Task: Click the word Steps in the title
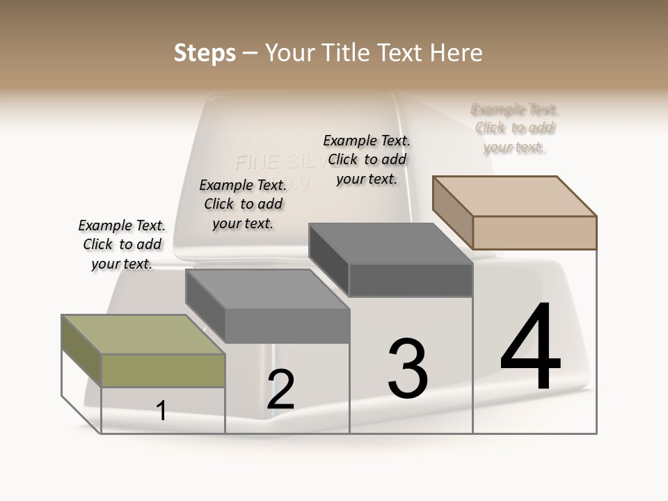pyautogui.click(x=205, y=53)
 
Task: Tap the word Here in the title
pyautogui.click(x=457, y=53)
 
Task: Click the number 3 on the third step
pyautogui.click(x=408, y=369)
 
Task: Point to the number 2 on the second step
pyautogui.click(x=280, y=390)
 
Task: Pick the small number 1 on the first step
pyautogui.click(x=161, y=411)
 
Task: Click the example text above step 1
pyautogui.click(x=122, y=244)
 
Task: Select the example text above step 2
pyautogui.click(x=243, y=204)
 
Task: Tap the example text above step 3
pyautogui.click(x=367, y=159)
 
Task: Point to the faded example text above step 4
pyautogui.click(x=515, y=128)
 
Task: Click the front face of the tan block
pyautogui.click(x=534, y=232)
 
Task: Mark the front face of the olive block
pyautogui.click(x=163, y=371)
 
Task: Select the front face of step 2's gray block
pyautogui.click(x=287, y=326)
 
